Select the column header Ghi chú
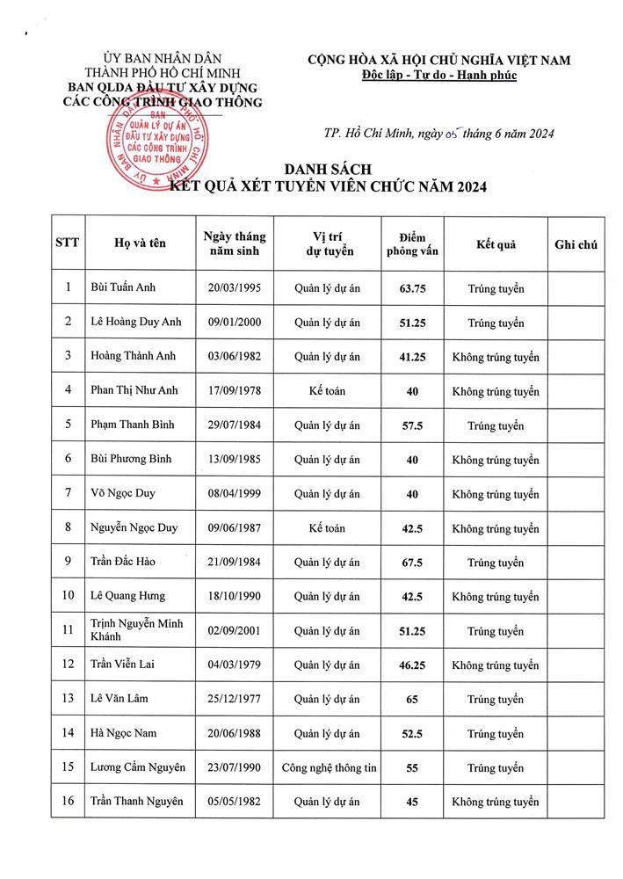(576, 244)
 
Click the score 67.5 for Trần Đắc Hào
(411, 562)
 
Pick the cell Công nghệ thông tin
(329, 767)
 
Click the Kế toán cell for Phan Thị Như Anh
(328, 390)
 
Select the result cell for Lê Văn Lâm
(495, 699)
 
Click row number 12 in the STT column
(69, 665)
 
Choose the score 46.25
(411, 665)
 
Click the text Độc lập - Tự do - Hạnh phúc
(438, 76)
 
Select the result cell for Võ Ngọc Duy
(495, 493)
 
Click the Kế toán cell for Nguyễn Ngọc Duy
(328, 527)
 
